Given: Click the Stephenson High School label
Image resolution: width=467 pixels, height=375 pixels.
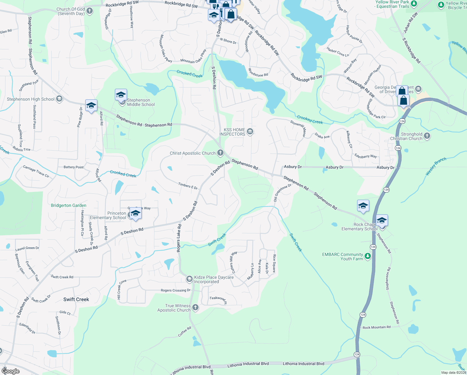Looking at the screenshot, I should (31, 99).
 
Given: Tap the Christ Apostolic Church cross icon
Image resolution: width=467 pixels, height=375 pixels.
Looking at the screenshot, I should (220, 153).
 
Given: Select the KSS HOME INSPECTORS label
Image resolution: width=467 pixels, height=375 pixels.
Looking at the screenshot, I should (232, 132).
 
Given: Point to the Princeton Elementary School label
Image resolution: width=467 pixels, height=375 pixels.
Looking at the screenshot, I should (108, 215).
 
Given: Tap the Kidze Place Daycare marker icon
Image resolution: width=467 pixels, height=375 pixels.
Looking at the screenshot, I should (189, 279).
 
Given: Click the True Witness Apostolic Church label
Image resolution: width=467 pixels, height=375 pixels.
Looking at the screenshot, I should (174, 308).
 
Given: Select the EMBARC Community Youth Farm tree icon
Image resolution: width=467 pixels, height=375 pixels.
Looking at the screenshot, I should (368, 257).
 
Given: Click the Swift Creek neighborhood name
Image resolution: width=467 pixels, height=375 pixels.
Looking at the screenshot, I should (76, 299).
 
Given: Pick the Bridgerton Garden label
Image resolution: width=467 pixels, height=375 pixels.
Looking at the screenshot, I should (69, 205).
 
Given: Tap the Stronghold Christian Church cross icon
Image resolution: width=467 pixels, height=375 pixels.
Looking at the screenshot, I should (427, 136).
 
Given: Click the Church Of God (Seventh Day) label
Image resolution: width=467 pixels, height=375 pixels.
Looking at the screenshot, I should (71, 12).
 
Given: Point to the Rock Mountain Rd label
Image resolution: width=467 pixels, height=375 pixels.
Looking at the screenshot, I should (376, 327).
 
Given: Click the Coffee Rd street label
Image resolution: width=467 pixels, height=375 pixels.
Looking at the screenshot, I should (184, 332).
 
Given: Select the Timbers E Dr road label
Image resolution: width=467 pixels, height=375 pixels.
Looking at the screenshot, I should (188, 186).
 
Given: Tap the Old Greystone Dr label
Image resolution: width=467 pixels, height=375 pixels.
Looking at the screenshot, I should (283, 192).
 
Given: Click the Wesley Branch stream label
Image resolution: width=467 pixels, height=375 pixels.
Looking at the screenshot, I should (436, 166).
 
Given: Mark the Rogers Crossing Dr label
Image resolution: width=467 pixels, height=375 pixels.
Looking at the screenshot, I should (175, 290).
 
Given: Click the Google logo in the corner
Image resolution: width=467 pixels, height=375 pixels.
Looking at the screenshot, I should (11, 371).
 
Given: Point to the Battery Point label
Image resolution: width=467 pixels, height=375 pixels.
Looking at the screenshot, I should (74, 167).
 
